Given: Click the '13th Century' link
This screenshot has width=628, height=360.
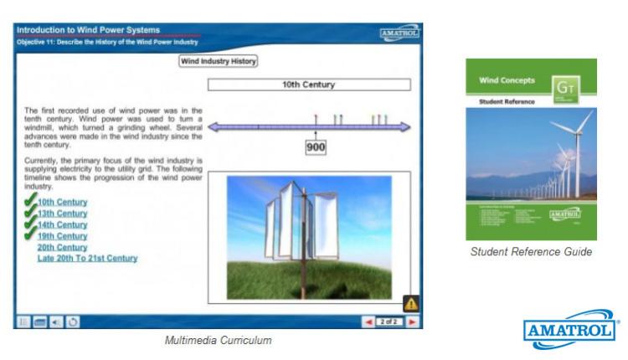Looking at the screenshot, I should pyautogui.click(x=62, y=213).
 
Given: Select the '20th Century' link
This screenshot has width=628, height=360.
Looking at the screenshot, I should pyautogui.click(x=62, y=247).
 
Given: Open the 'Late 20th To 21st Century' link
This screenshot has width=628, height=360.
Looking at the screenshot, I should pyautogui.click(x=87, y=259).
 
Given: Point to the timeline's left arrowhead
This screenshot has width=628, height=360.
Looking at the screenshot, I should pyautogui.click(x=214, y=126).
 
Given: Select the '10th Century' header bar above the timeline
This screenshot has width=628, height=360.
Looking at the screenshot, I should pyautogui.click(x=309, y=85).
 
